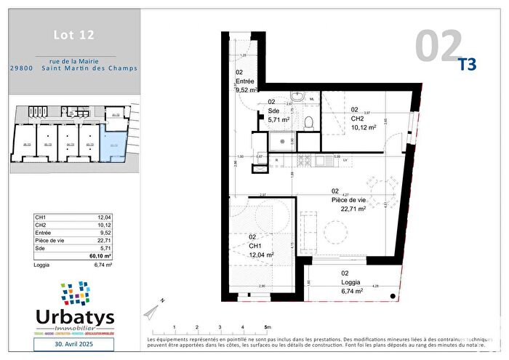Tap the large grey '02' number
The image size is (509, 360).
coord(438,45)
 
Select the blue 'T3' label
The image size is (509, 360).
coord(467,64)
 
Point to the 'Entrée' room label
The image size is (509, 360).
coord(246,82)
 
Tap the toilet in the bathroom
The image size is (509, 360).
coord(308,121)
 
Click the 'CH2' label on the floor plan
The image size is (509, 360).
coord(357,118)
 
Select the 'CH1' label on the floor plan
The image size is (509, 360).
coord(254,246)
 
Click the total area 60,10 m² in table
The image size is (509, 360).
coord(100,256)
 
